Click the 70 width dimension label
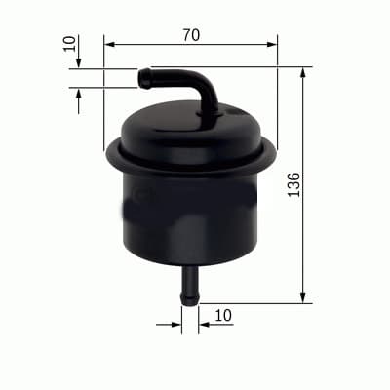tap(191, 34)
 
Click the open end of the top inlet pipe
tap(142, 76)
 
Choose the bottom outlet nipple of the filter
tap(190, 284)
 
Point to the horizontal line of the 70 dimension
tap(190, 45)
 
